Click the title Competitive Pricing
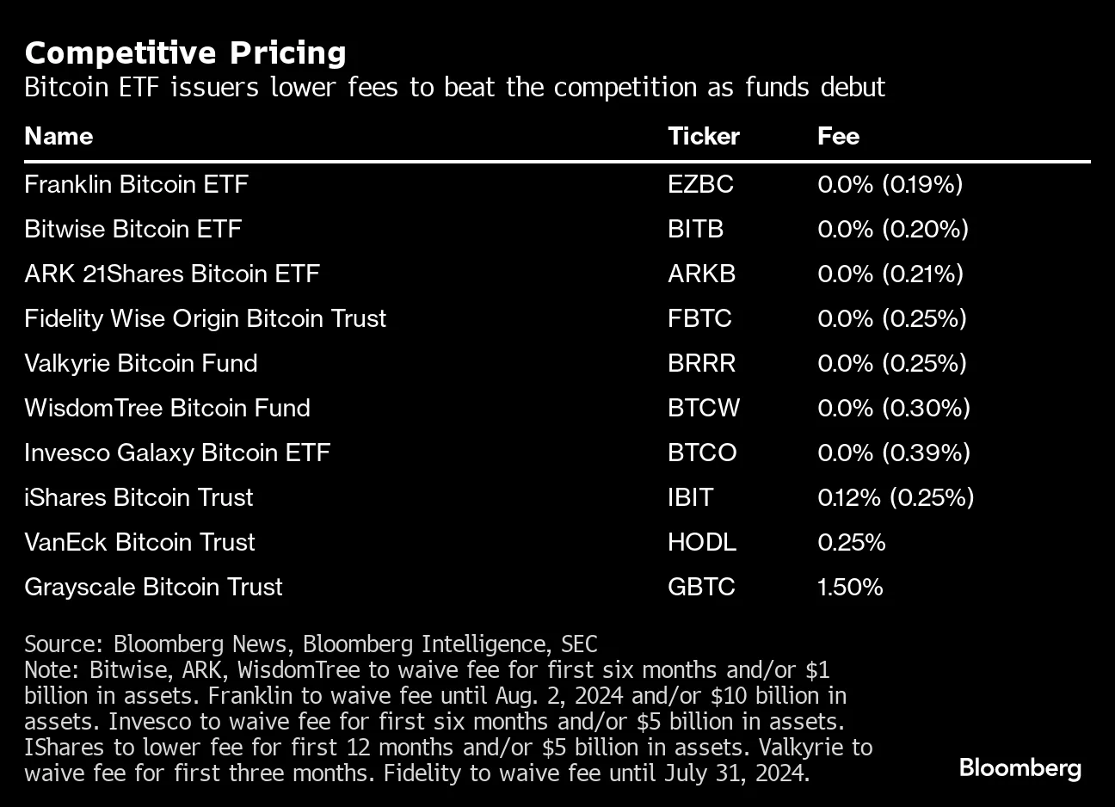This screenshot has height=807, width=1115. [185, 53]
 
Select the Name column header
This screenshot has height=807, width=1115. [59, 136]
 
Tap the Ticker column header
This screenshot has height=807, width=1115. [703, 136]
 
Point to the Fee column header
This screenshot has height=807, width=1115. [838, 136]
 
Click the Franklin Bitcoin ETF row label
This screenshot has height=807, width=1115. [136, 184]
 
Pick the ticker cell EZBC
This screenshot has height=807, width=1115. [700, 184]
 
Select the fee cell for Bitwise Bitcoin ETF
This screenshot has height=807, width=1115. [892, 229]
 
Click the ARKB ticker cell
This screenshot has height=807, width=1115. [701, 274]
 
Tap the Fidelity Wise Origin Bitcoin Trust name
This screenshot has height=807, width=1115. [205, 318]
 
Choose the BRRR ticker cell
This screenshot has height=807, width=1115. [701, 363]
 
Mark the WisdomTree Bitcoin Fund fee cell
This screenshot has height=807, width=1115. [893, 408]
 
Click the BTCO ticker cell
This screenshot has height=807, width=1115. [702, 453]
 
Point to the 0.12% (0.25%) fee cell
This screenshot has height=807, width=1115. [895, 497]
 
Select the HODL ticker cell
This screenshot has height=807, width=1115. [701, 542]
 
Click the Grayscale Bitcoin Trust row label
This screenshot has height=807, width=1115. [153, 587]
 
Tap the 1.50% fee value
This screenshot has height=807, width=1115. [850, 587]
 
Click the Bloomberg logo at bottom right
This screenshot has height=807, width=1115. [1020, 767]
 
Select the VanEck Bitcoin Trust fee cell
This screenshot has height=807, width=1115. [851, 542]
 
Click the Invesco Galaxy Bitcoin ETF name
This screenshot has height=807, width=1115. [177, 453]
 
